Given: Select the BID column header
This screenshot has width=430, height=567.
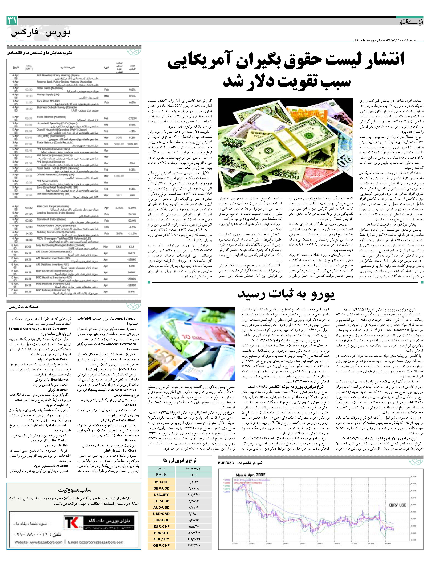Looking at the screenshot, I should tap(194, 474).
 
